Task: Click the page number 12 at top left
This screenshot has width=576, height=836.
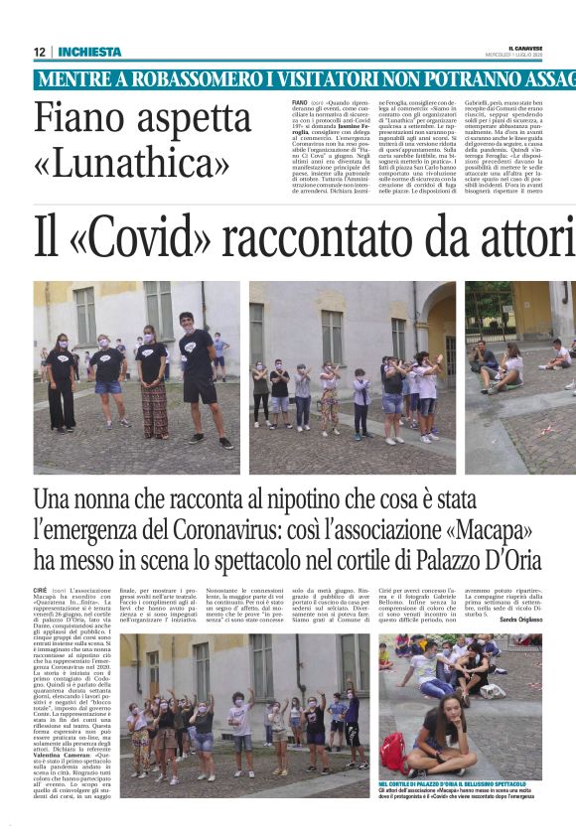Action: click(40, 53)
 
